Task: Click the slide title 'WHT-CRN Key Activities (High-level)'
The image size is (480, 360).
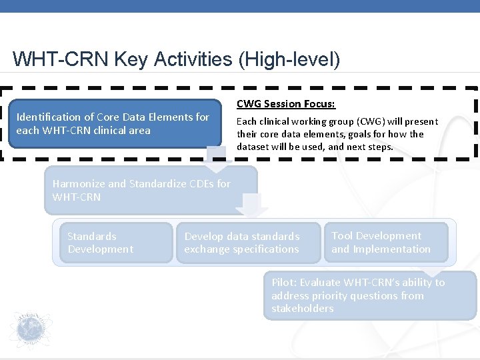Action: click(x=176, y=59)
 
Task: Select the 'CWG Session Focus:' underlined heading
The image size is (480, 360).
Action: click(x=286, y=103)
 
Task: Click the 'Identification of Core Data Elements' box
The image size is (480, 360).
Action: click(x=113, y=123)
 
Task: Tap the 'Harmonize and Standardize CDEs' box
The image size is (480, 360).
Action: click(x=150, y=190)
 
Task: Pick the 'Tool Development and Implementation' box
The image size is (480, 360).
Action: click(x=385, y=243)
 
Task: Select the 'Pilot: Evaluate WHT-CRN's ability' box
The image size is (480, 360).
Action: click(x=370, y=295)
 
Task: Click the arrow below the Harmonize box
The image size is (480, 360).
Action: click(x=253, y=206)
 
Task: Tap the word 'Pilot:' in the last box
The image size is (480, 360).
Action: click(x=285, y=283)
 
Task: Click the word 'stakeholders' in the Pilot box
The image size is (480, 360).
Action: click(x=303, y=309)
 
